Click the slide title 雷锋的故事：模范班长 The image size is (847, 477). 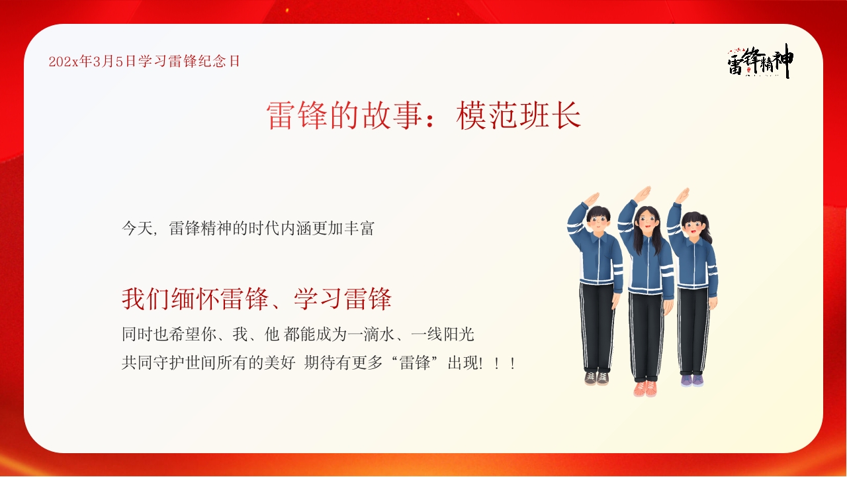423,116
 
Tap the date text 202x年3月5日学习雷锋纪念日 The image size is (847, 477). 144,62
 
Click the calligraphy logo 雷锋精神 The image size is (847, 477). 760,62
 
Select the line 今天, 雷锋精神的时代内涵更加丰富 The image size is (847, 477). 248,229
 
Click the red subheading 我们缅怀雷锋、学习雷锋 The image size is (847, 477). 257,299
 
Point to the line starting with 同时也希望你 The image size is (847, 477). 298,335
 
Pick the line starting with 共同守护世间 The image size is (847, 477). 318,363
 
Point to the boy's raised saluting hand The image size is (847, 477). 591,198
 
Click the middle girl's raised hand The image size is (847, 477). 642,193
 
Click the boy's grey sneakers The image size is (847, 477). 596,378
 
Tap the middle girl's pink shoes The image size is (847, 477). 645,388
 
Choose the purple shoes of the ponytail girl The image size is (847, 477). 691,380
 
